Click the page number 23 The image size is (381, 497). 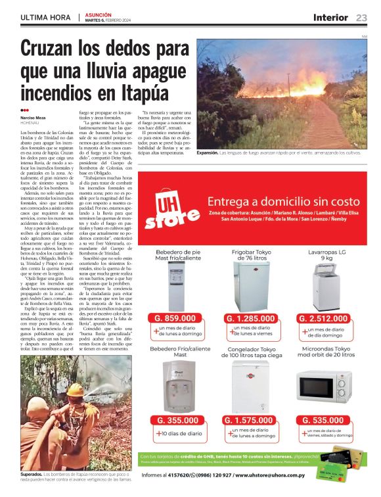(x=361, y=17)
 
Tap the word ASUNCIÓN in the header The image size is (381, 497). (x=99, y=14)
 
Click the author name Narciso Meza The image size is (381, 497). (x=32, y=118)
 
